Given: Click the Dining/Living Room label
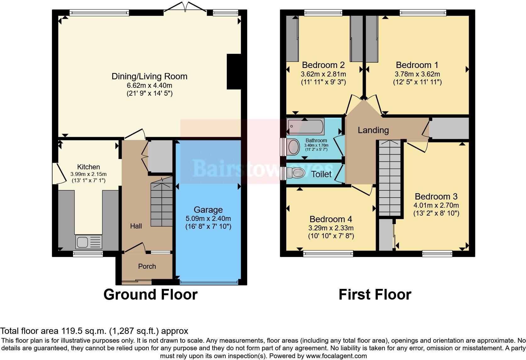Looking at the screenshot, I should [x=149, y=76].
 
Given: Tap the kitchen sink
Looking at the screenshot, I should [x=89, y=242].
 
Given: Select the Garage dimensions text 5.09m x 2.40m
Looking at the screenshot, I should [x=208, y=219].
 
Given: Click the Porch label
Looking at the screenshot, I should [x=147, y=267].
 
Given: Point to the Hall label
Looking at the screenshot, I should [x=136, y=226].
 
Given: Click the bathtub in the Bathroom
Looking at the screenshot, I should [x=305, y=127].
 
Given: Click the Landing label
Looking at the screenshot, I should [x=373, y=130].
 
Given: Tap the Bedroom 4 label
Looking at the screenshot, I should [x=331, y=219].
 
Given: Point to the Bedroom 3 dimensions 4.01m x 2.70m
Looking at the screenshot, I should [x=436, y=205].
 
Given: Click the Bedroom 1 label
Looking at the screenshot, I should [x=417, y=65].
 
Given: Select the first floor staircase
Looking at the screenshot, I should [x=390, y=178].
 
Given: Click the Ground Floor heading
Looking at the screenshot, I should [x=150, y=295].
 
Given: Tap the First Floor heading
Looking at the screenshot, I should [x=375, y=295].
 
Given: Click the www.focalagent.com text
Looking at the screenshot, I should [x=336, y=356].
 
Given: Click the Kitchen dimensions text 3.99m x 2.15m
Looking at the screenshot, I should [x=88, y=174].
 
